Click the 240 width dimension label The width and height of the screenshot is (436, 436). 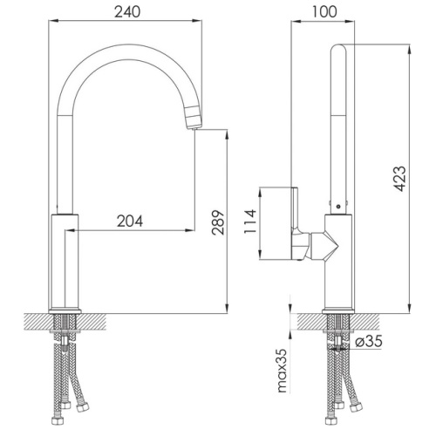[127, 12]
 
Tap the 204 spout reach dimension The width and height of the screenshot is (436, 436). [130, 221]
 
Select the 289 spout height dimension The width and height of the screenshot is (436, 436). [218, 222]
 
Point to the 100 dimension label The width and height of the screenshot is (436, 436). [324, 12]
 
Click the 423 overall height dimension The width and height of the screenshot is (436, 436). [399, 179]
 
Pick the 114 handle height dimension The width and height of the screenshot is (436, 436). [250, 221]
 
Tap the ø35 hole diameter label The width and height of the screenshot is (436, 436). [369, 341]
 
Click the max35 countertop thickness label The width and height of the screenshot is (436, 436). [282, 371]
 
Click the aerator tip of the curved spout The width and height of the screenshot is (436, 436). [193, 118]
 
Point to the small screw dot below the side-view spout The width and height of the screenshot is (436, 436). [338, 207]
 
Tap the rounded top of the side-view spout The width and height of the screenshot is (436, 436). [339, 48]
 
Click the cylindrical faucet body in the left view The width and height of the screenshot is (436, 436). [65, 262]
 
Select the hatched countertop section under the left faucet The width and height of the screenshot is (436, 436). [65, 322]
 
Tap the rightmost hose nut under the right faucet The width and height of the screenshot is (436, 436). [356, 407]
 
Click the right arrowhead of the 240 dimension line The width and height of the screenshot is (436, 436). [197, 20]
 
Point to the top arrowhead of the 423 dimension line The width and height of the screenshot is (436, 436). [409, 49]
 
